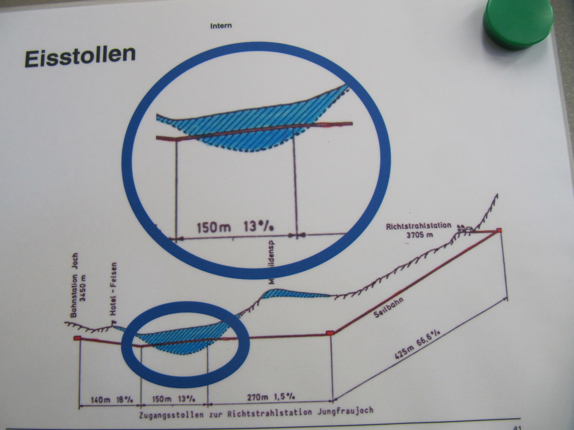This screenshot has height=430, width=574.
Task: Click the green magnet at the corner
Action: click(518, 23)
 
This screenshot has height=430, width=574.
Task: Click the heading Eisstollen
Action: click(80, 56)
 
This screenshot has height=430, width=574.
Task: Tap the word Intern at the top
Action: click(221, 26)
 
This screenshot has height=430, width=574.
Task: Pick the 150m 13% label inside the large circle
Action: click(235, 227)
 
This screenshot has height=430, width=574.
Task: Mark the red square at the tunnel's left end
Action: click(77, 338)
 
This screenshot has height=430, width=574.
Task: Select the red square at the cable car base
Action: click(329, 333)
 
